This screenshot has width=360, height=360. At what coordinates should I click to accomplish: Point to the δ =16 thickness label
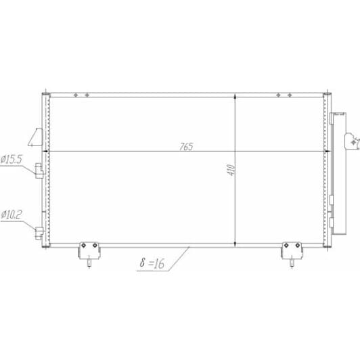(153, 264)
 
